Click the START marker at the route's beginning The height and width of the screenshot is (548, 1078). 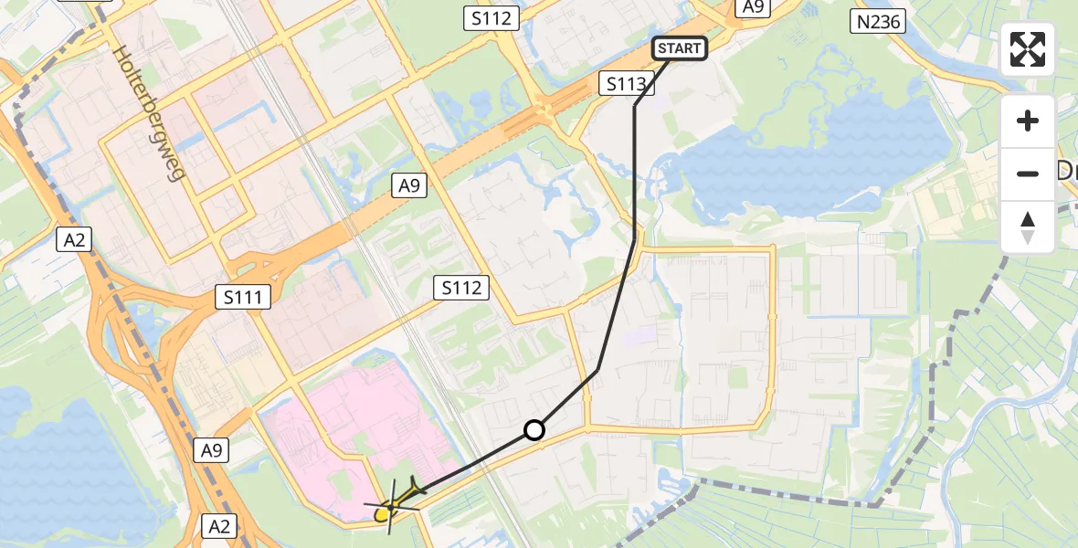pyautogui.click(x=680, y=48)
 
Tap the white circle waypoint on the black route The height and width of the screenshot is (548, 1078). pyautogui.click(x=534, y=430)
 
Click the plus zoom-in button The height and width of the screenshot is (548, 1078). pyautogui.click(x=1028, y=121)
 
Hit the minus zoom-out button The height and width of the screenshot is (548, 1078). pyautogui.click(x=1028, y=174)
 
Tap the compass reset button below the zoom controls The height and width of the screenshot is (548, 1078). pyautogui.click(x=1028, y=227)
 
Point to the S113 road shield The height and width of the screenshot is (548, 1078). pyautogui.click(x=628, y=85)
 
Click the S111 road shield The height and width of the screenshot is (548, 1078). pyautogui.click(x=243, y=296)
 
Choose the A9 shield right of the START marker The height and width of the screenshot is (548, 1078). pyautogui.click(x=754, y=7)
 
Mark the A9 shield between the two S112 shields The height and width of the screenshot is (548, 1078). pyautogui.click(x=408, y=185)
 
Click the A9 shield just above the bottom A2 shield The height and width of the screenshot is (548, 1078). pyautogui.click(x=212, y=449)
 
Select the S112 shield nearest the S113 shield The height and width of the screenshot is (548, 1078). pyautogui.click(x=492, y=18)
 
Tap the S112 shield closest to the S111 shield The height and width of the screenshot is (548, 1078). pyautogui.click(x=461, y=288)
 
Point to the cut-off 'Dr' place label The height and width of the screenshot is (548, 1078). pyautogui.click(x=1065, y=171)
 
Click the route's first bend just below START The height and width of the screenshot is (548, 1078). pyautogui.click(x=635, y=106)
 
